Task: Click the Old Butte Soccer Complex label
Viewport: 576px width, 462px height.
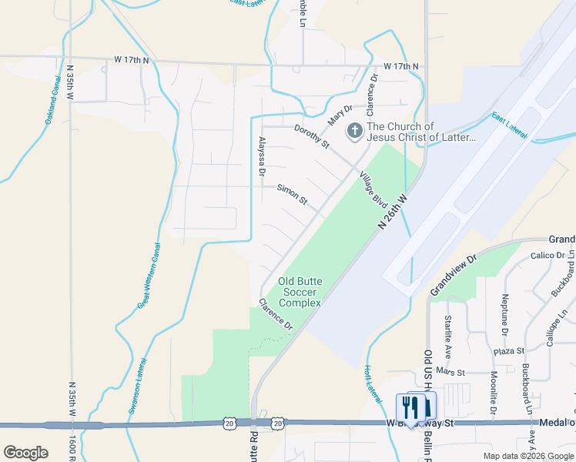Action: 300,292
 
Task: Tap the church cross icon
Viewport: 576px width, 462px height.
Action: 354,131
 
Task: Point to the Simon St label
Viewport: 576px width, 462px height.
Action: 293,195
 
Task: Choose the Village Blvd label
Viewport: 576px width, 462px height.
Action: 373,189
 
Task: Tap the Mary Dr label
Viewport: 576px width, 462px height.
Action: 340,115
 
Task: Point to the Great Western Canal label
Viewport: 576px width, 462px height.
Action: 150,276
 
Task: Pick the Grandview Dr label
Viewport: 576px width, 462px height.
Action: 455,274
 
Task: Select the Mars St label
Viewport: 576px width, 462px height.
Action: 451,372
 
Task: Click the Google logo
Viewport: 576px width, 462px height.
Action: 25,453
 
